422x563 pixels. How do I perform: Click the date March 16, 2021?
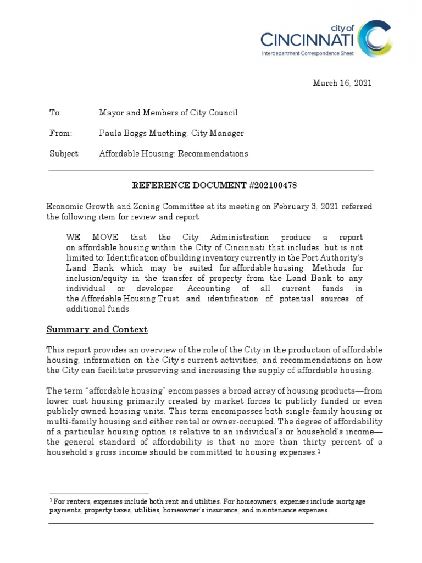pyautogui.click(x=342, y=83)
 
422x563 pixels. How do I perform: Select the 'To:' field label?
pyautogui.click(x=55, y=113)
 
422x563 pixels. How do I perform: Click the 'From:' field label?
pyautogui.click(x=60, y=133)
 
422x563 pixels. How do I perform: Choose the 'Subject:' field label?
pyautogui.click(x=64, y=153)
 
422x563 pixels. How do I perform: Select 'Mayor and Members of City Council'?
pyautogui.click(x=168, y=113)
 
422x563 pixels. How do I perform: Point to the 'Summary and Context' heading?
pyautogui.click(x=97, y=329)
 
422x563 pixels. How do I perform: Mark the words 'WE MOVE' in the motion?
pyautogui.click(x=92, y=238)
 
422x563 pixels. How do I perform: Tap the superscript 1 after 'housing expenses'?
pyautogui.click(x=319, y=451)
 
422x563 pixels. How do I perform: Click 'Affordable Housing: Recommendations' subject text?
pyautogui.click(x=173, y=153)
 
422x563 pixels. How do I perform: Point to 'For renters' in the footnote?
pyautogui.click(x=71, y=502)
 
